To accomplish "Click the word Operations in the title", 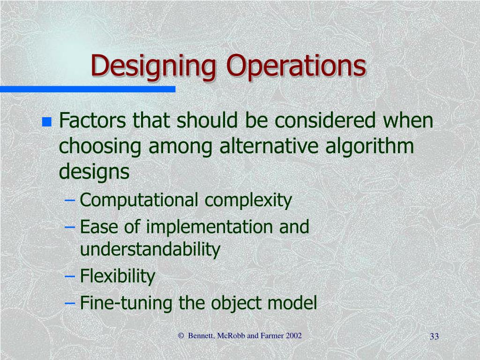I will (296, 66).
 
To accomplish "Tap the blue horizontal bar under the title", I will (87, 89).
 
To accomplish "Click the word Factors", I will (92, 121).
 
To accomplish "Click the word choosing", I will (100, 147).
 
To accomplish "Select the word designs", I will (94, 172).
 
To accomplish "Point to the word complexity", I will (248, 201).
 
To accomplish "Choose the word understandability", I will (150, 250).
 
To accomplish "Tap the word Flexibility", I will (117, 276).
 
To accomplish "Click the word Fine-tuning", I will (127, 303).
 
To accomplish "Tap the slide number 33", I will (434, 337).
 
